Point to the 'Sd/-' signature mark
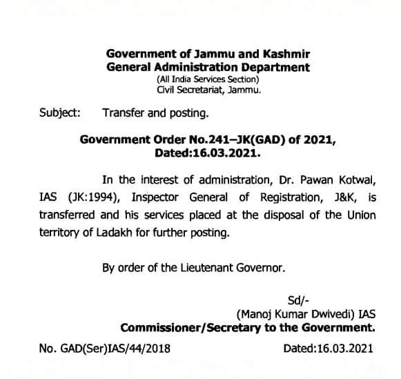pyautogui.click(x=297, y=299)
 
